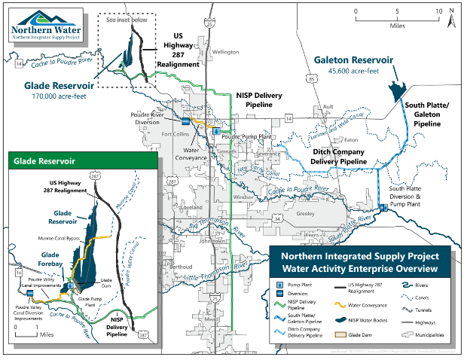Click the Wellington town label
[224, 52]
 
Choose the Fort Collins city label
[175, 135]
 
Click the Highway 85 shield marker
[310, 77]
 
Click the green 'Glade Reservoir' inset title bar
[82, 160]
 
